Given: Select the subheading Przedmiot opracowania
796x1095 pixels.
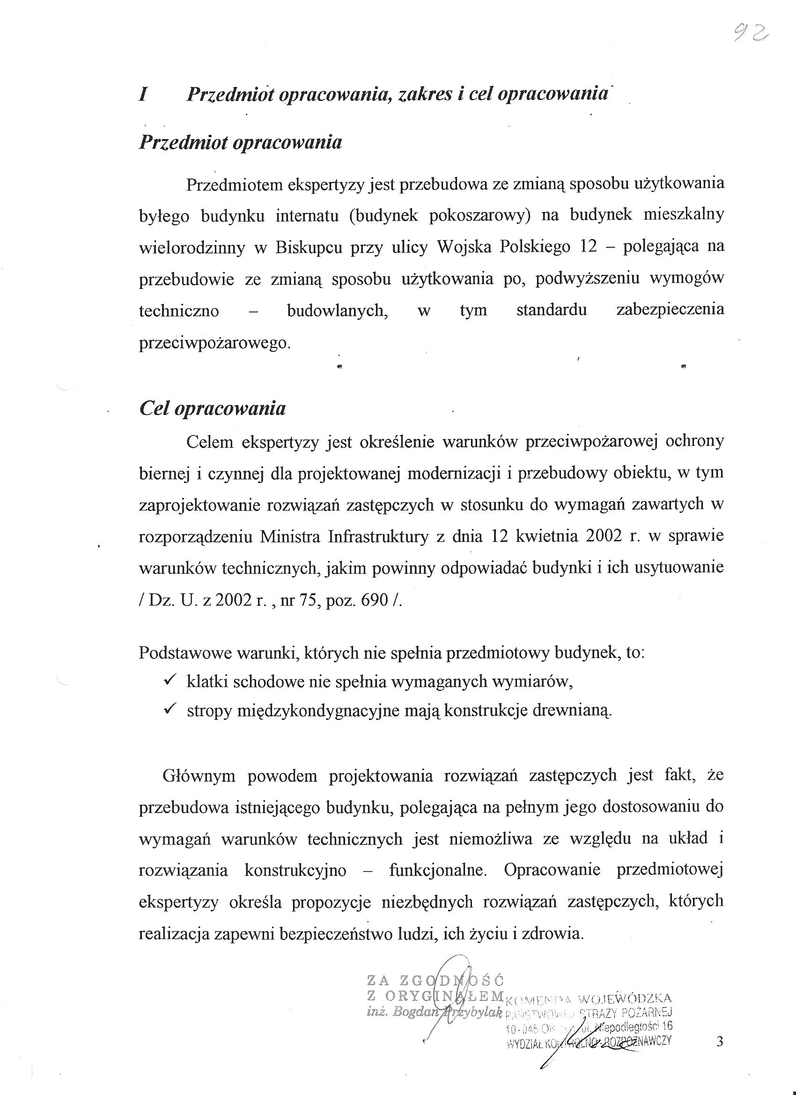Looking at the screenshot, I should (x=240, y=143).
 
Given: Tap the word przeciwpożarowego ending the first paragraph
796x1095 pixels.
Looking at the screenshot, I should (x=214, y=343).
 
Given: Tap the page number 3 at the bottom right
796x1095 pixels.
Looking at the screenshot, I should (x=720, y=1042).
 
